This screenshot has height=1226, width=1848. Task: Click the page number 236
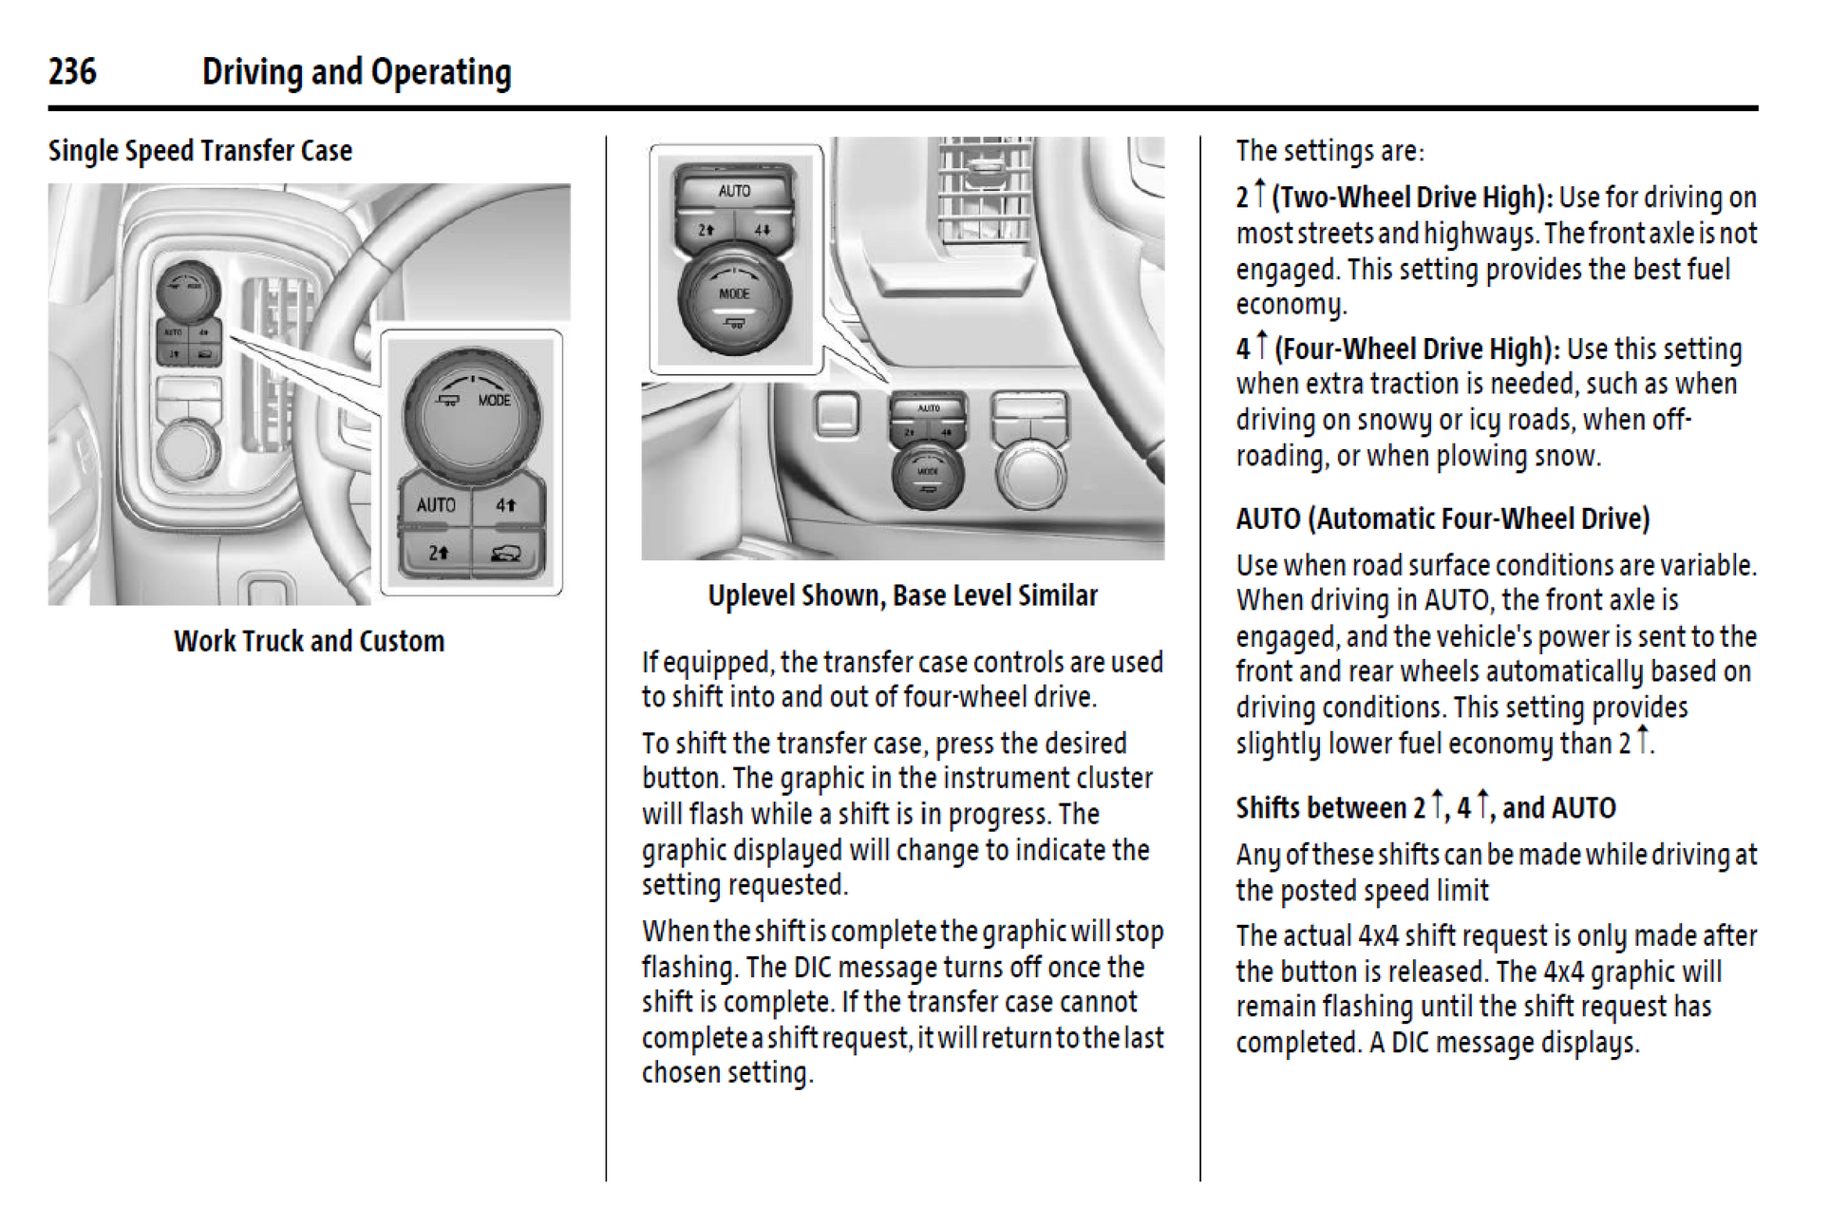click(72, 71)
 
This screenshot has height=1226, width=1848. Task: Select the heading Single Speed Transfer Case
click(200, 151)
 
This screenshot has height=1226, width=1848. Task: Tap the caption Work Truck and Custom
click(309, 641)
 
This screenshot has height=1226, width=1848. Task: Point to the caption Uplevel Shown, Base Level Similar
click(902, 595)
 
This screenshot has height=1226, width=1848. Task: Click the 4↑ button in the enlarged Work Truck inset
click(506, 505)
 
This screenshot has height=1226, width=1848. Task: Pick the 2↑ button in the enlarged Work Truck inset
click(438, 552)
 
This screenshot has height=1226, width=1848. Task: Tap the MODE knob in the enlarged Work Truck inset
click(472, 415)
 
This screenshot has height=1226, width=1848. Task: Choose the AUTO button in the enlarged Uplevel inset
click(734, 191)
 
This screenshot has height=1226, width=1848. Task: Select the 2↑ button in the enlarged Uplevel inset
click(706, 230)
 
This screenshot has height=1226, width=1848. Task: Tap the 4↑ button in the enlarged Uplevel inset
click(763, 230)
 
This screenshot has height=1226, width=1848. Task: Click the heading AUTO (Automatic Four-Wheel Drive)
click(1443, 519)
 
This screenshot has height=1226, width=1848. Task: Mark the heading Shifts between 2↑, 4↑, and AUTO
click(1424, 807)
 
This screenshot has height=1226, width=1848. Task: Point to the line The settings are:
click(1329, 151)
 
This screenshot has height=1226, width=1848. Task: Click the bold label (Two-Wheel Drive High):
click(1413, 198)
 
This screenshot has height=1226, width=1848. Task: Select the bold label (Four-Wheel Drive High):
click(1417, 349)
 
